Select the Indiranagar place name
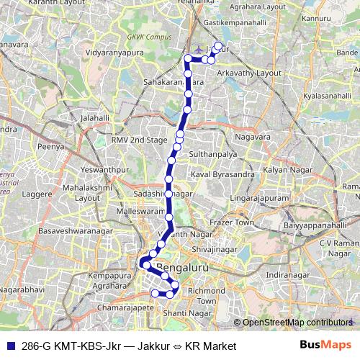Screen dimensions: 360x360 click(287, 275)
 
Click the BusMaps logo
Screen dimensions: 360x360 click(329, 345)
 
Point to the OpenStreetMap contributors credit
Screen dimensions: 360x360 click(294, 323)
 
